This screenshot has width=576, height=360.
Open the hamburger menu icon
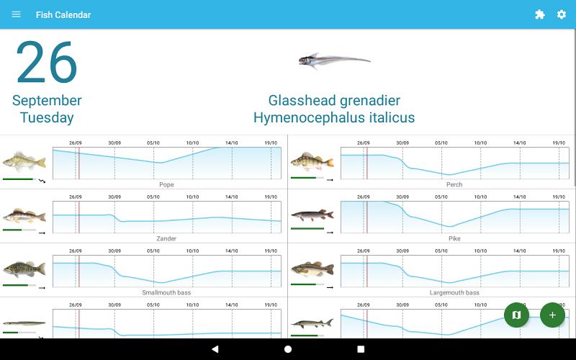17,14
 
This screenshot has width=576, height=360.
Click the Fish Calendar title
63,14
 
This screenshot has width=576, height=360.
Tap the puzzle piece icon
540,14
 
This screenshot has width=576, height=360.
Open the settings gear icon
562,14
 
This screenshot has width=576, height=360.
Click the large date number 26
47,63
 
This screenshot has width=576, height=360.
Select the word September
47,101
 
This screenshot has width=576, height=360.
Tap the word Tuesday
47,118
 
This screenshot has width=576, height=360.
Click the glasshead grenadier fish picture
334,61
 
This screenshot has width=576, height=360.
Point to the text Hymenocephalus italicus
334,118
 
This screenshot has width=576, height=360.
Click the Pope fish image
24,160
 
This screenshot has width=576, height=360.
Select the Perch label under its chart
454,185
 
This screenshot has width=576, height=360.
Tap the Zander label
166,239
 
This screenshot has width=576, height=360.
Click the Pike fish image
312,215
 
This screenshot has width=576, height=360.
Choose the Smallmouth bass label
166,293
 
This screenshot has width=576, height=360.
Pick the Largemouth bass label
454,293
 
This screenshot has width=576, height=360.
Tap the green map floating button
516,315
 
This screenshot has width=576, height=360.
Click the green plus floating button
552,315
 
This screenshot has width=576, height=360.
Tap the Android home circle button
288,349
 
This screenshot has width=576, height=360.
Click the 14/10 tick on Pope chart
231,143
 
